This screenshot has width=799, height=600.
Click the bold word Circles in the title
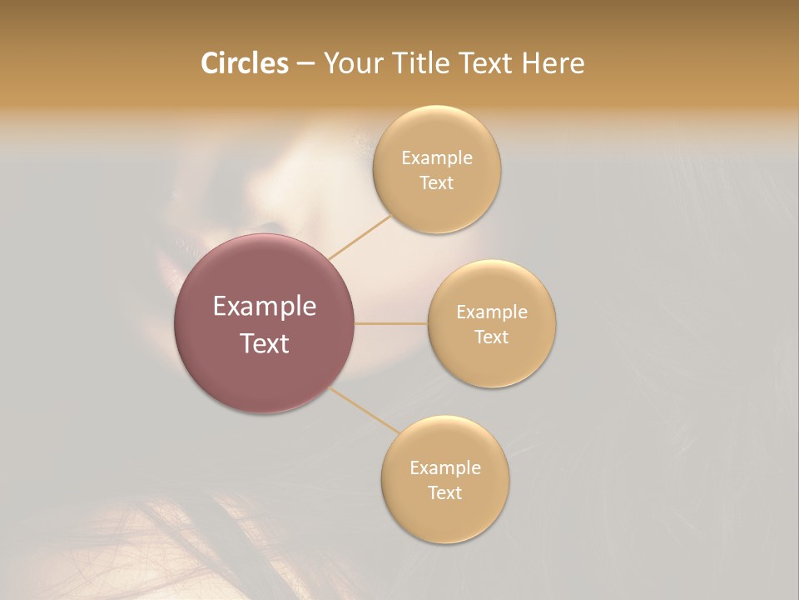click(245, 63)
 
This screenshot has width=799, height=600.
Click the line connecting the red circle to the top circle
click(360, 237)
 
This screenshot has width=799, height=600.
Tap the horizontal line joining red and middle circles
click(391, 323)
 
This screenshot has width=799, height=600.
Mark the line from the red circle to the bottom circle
click(364, 410)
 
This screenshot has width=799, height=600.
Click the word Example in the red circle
click(265, 307)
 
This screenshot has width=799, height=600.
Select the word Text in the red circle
click(265, 343)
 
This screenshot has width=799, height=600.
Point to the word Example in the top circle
click(436, 158)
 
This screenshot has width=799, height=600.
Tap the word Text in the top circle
click(436, 182)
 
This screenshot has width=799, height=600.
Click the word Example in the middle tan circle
click(492, 312)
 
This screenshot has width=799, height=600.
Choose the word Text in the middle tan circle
click(492, 337)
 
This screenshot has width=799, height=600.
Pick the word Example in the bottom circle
click(444, 468)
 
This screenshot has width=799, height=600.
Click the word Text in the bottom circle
click(444, 492)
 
